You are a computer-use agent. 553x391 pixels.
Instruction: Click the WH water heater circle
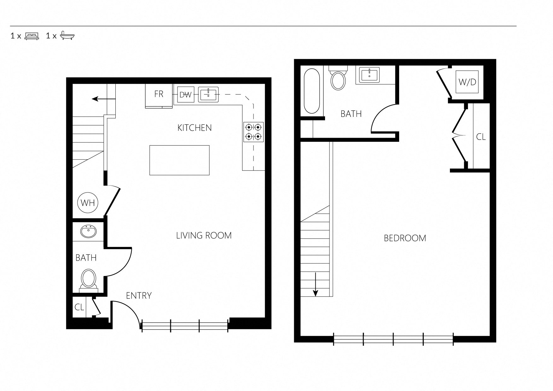coord(88,203)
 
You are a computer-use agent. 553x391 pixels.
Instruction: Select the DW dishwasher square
coord(185,95)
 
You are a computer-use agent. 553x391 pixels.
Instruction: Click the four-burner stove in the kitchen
coord(253,132)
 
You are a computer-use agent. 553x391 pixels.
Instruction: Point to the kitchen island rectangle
coord(179,160)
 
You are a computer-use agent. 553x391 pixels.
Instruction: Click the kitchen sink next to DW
coord(208,95)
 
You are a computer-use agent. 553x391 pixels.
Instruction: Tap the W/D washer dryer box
coord(467,83)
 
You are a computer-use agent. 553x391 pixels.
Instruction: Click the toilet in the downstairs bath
coord(89,279)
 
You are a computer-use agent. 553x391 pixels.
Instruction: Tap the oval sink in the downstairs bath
coord(89,232)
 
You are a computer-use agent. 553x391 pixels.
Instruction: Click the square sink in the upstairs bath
coord(369,75)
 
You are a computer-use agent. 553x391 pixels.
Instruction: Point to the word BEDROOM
coord(405,238)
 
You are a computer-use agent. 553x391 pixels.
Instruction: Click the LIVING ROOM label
coord(204,236)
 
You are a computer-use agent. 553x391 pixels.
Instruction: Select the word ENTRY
coord(139,296)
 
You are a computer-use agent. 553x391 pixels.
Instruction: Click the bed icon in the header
coord(32,36)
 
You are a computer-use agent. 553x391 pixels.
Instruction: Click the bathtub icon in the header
coord(67,36)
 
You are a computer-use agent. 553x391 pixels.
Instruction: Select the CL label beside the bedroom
coord(481,137)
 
